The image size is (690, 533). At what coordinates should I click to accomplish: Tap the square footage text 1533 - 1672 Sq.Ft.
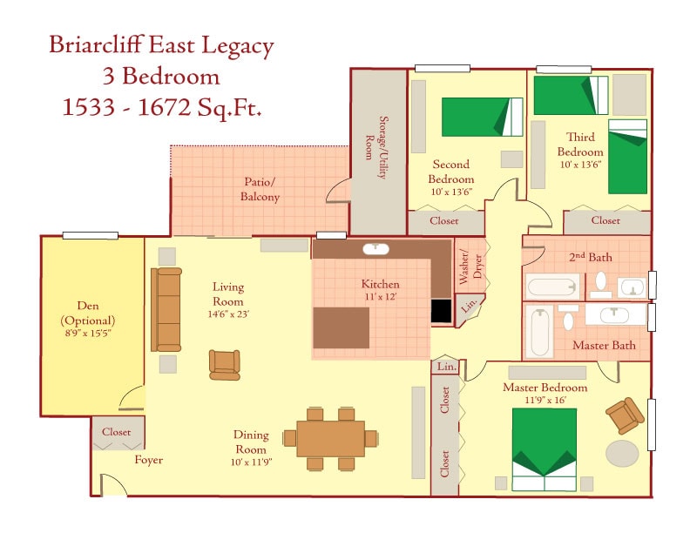pyautogui.click(x=163, y=107)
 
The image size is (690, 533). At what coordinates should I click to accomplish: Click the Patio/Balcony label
pyautogui.click(x=260, y=190)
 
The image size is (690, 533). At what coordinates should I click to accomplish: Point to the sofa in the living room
pyautogui.click(x=166, y=308)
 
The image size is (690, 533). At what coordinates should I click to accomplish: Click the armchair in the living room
pyautogui.click(x=225, y=364)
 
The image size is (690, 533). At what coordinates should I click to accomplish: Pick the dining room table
pyautogui.click(x=330, y=439)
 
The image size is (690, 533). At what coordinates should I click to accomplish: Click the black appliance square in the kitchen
pyautogui.click(x=442, y=311)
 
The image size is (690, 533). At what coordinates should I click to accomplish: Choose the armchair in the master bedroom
pyautogui.click(x=624, y=415)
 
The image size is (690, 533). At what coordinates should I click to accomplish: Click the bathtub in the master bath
pyautogui.click(x=541, y=330)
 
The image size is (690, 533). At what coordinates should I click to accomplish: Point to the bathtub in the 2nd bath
pyautogui.click(x=552, y=286)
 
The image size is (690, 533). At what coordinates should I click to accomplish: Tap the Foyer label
pyautogui.click(x=148, y=460)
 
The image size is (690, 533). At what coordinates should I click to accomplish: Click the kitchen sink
pyautogui.click(x=375, y=249)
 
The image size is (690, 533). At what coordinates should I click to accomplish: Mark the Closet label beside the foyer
pyautogui.click(x=117, y=432)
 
